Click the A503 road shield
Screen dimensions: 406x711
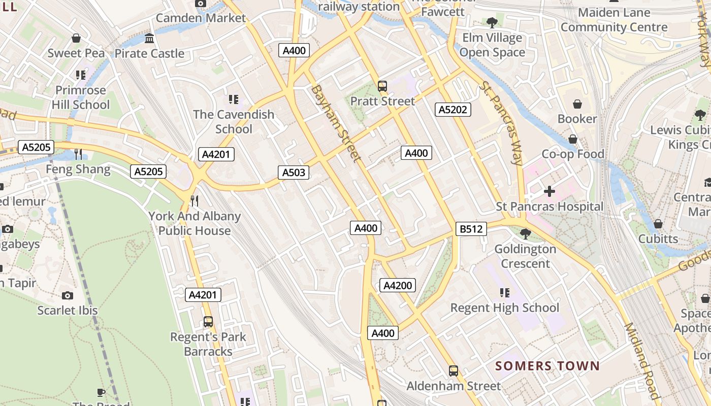pos(294,173)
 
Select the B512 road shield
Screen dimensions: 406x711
pos(471,229)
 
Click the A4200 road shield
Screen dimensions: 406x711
pos(398,285)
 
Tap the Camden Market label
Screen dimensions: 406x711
pos(201,18)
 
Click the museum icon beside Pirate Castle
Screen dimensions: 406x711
pos(149,39)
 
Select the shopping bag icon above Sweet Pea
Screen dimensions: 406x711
pos(76,38)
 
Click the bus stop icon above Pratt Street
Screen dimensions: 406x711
pos(382,86)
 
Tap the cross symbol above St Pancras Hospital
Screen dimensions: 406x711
pos(550,191)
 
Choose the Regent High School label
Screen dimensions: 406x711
pos(505,308)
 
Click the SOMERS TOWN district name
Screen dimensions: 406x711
pos(547,366)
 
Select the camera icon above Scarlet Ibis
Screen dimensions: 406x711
pos(67,295)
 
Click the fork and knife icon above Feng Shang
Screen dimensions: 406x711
pos(78,154)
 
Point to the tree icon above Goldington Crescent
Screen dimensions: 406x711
pos(526,234)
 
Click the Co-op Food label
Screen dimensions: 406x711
pos(573,154)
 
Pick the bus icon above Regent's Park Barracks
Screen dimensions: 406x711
pos(208,322)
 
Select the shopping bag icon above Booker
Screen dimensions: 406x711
pos(577,104)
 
